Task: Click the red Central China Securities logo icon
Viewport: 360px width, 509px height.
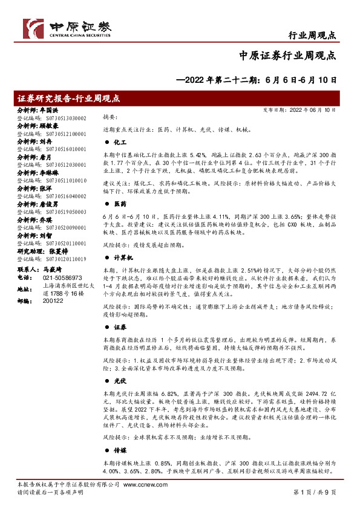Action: click(34, 27)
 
